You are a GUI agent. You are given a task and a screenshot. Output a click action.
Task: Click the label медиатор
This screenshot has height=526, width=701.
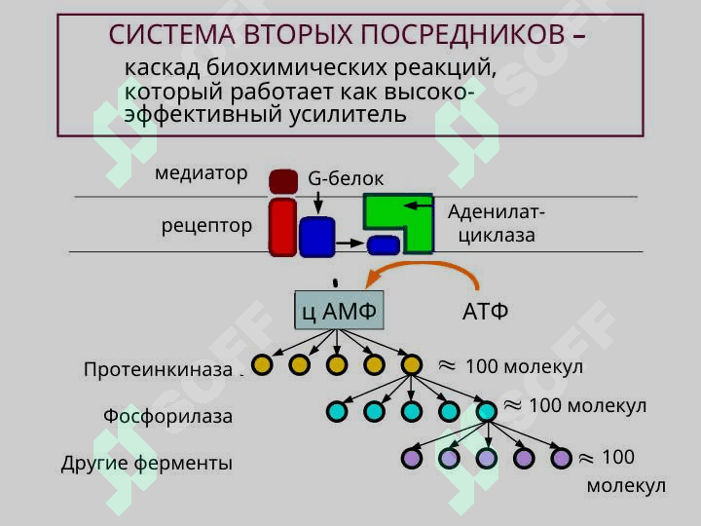tap(201, 174)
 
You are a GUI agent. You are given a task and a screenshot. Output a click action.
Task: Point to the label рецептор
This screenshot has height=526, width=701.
tap(206, 226)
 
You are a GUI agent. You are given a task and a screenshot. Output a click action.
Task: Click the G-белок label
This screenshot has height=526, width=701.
tap(346, 179)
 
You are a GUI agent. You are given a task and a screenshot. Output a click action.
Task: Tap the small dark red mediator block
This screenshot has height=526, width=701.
tap(283, 180)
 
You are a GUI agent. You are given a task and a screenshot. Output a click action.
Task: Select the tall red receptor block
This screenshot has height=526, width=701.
tap(282, 228)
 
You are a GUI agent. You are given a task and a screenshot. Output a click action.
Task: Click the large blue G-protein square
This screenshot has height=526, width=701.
tap(316, 237)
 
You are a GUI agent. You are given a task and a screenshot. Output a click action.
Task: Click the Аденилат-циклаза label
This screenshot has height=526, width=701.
tap(497, 224)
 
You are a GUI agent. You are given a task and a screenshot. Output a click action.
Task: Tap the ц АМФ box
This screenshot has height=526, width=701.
tap(339, 312)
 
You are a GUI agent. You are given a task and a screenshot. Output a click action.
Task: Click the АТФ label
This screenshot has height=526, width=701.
tap(485, 313)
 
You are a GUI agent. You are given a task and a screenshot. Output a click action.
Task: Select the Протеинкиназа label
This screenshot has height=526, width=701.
tap(161, 369)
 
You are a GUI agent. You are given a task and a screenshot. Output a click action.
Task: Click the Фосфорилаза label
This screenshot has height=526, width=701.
tap(168, 417)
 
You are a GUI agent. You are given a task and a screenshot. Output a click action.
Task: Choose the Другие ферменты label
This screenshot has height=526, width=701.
tap(147, 464)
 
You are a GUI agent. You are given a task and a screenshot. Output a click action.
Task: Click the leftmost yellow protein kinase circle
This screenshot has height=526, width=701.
tap(262, 365)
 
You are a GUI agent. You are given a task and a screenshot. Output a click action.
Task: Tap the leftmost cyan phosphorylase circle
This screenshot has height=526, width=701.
tap(337, 412)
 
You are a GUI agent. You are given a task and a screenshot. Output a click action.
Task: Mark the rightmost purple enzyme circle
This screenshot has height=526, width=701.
tap(561, 458)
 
